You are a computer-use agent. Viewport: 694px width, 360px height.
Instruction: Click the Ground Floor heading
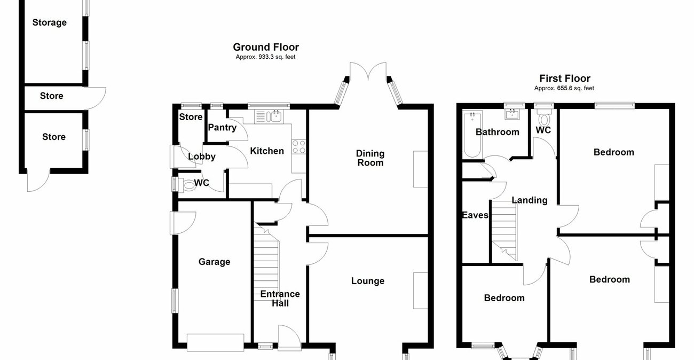point(266,48)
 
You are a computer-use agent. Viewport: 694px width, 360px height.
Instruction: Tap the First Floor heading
point(564,79)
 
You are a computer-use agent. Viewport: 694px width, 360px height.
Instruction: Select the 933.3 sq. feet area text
point(265,57)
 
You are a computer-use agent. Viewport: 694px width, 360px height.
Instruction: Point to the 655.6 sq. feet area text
point(564,88)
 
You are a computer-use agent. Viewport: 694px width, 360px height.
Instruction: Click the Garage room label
point(214,262)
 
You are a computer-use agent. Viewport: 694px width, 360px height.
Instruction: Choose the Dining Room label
point(370,158)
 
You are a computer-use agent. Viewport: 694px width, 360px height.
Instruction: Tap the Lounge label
point(368,281)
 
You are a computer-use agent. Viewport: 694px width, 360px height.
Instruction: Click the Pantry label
point(222,128)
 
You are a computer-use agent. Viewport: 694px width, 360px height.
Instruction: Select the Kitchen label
point(267,151)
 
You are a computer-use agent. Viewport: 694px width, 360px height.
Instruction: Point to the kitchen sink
point(275,116)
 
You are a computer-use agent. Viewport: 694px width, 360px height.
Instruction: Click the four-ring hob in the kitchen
point(298,147)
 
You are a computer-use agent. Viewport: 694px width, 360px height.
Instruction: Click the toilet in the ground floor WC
point(188,185)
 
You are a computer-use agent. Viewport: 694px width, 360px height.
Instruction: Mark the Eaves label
point(475,215)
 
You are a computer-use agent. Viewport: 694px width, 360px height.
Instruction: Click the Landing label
point(530,200)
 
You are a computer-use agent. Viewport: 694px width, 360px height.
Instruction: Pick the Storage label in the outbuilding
point(50,22)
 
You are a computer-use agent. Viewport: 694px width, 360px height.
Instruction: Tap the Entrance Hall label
point(280,299)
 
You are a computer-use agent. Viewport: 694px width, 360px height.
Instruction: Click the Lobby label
point(202,156)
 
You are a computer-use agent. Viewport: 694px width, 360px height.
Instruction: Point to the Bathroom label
point(498,132)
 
